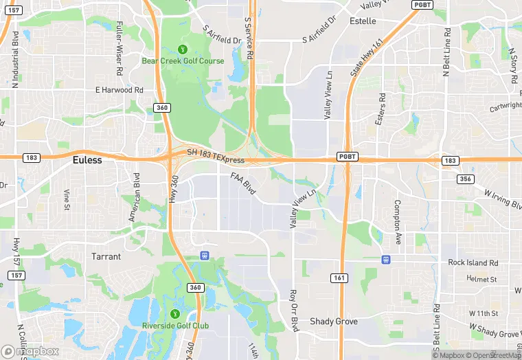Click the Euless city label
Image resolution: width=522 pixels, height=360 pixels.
coord(87,160)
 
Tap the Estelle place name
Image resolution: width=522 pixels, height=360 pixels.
coord(363,21)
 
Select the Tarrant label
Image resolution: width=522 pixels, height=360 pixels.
coord(106,256)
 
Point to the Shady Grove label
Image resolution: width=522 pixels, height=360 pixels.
coord(334,321)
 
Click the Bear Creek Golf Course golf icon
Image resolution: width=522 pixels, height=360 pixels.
coord(183,49)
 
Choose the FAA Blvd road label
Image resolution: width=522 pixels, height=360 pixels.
coord(243,183)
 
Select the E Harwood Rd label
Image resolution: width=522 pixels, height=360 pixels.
coord(120,90)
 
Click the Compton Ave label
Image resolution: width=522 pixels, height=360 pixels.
coord(398,222)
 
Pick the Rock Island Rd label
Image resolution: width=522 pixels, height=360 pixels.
coord(473,262)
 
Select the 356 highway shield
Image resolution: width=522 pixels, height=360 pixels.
coord(465,179)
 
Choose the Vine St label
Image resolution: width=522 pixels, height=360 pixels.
coord(67,199)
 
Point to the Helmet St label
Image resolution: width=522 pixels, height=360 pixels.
coord(481,279)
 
